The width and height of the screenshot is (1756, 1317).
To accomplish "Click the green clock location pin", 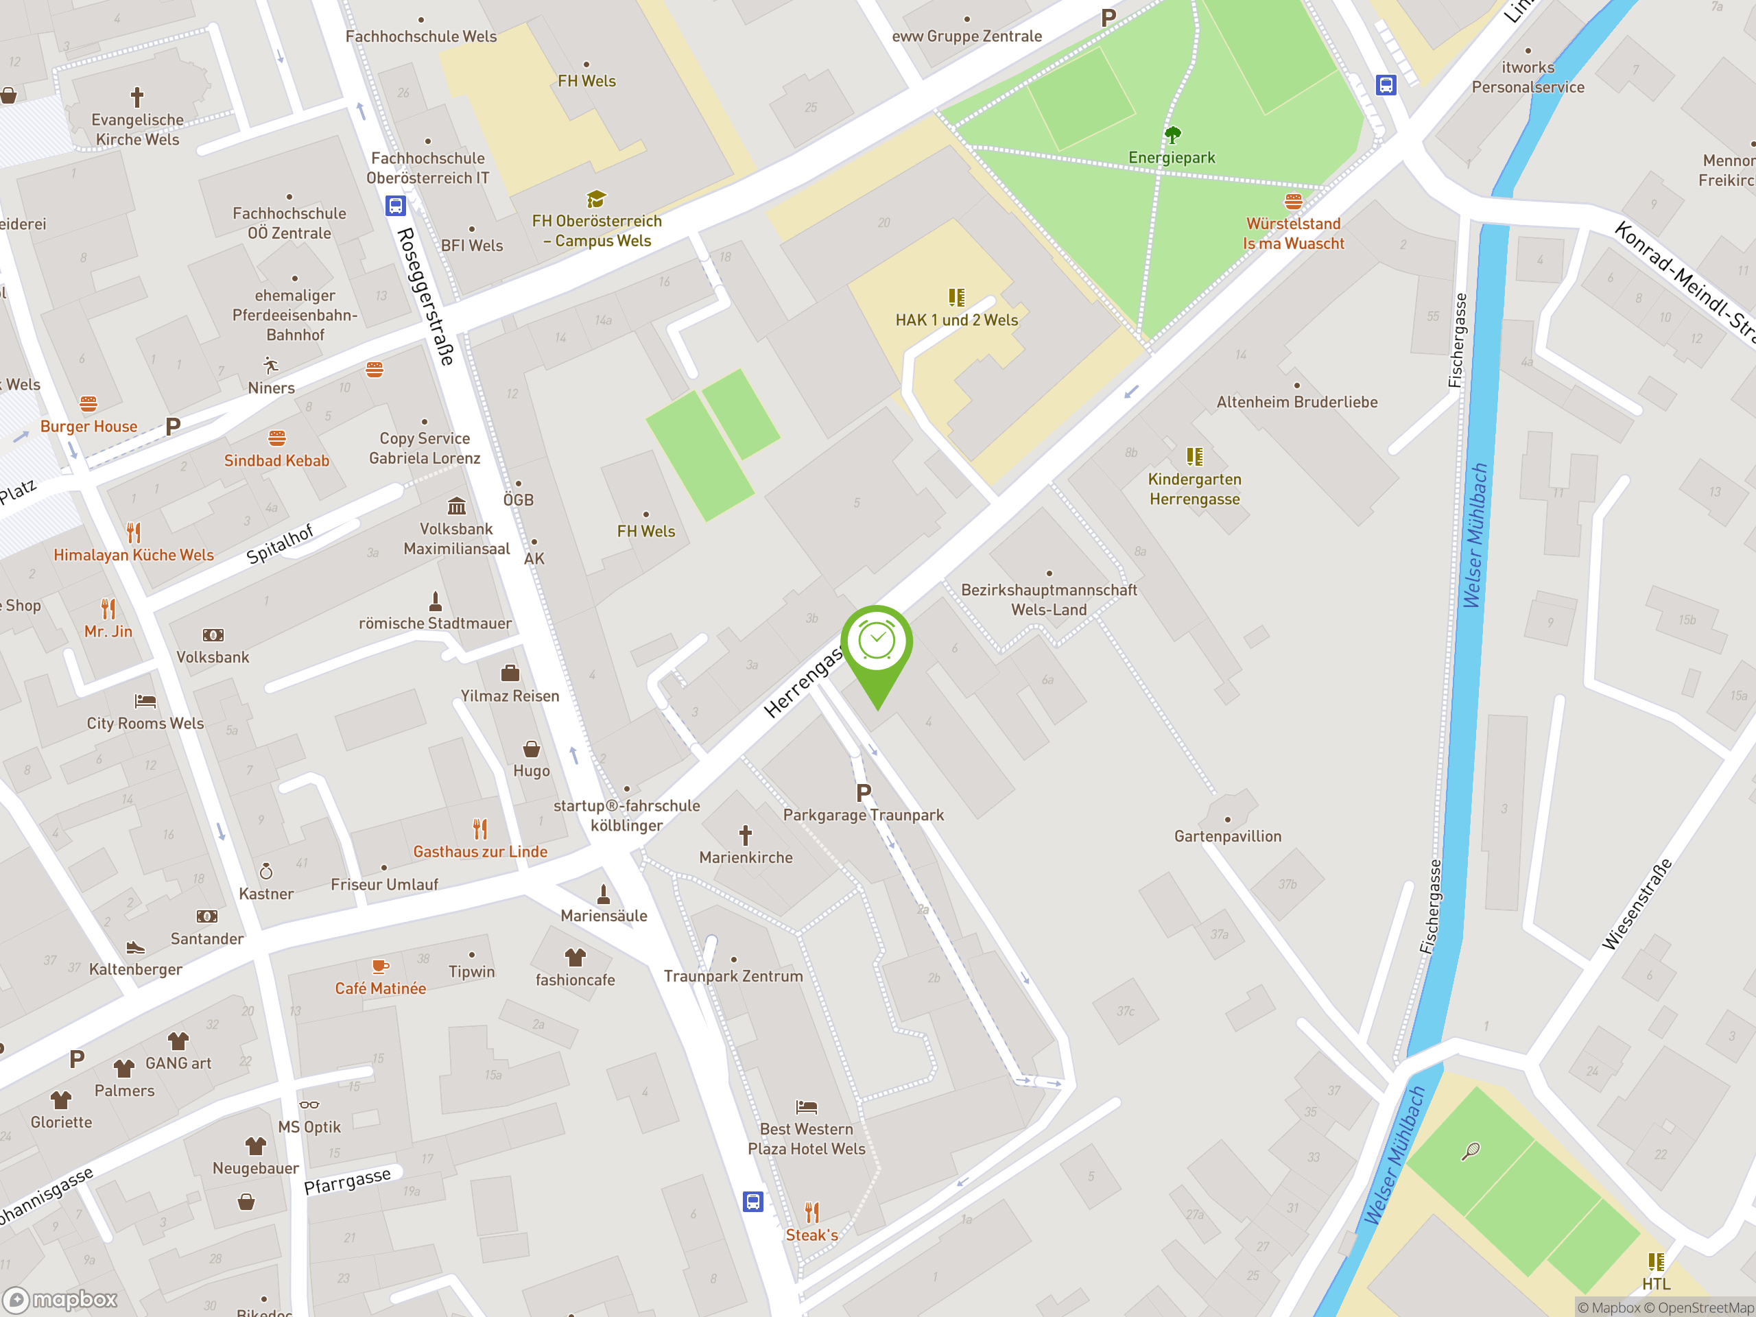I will [877, 643].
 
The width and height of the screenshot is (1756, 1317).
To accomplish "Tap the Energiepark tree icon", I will [1172, 133].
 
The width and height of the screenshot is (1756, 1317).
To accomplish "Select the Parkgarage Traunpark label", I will [863, 814].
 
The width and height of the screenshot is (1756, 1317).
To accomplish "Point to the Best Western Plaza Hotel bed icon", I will [806, 1106].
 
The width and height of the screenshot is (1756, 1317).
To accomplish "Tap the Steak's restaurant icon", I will [811, 1212].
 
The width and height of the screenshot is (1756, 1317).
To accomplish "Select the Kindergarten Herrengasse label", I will [1194, 489].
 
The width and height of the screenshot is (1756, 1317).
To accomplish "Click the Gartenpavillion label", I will [1227, 836].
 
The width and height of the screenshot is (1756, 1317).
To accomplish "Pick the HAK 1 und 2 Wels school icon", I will [957, 298].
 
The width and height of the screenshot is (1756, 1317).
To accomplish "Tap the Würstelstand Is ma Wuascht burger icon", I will [1293, 202].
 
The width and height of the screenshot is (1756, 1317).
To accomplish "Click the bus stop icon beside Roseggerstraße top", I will [395, 206].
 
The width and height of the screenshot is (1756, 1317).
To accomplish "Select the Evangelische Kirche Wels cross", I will [137, 97].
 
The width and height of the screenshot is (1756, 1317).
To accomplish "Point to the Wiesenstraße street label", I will [1637, 903].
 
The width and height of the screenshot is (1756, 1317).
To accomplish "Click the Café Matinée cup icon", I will [380, 966].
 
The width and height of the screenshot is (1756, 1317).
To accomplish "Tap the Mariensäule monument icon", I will [604, 894].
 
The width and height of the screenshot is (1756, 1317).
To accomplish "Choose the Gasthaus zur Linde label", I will [480, 852].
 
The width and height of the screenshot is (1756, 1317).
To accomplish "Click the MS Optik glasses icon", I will [309, 1105].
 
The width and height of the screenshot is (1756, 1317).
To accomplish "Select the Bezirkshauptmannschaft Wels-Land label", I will [1049, 600].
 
